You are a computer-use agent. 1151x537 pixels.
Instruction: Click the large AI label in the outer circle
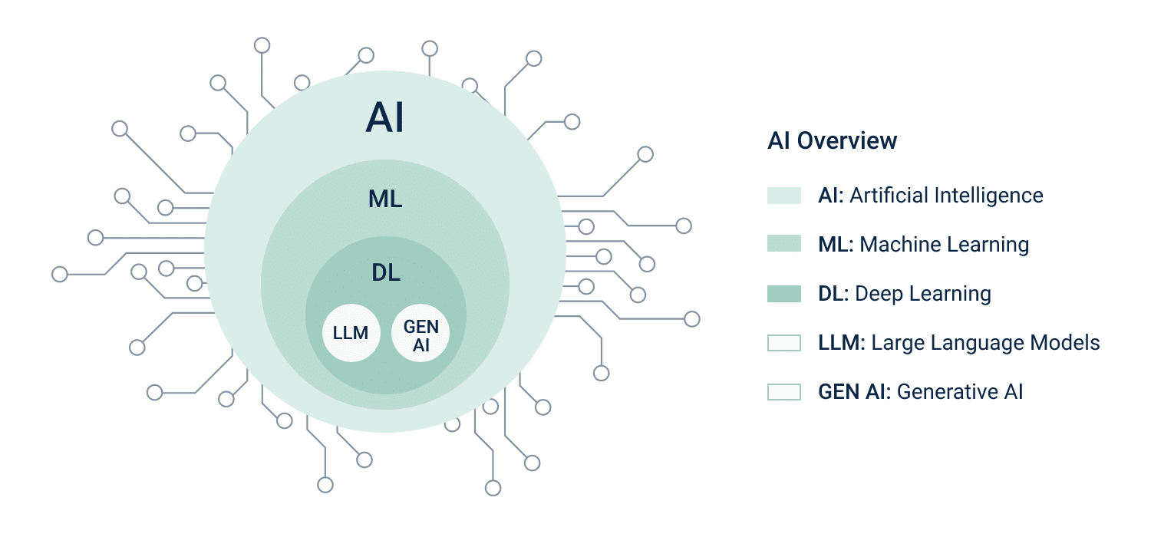[x=385, y=117]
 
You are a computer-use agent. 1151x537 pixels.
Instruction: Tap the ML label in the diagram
[x=385, y=199]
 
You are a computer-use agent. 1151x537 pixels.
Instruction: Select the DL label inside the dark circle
[x=386, y=273]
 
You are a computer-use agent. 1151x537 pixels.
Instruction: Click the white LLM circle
[x=351, y=333]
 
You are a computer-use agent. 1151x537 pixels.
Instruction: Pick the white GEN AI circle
[x=420, y=333]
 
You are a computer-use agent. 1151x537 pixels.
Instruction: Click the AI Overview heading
[x=832, y=141]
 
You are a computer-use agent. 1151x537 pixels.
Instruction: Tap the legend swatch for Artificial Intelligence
[x=784, y=196]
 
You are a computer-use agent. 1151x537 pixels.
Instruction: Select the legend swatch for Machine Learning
[x=784, y=243]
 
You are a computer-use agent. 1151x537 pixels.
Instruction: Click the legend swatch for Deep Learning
[x=784, y=294]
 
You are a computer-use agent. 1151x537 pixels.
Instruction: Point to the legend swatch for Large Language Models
[x=784, y=343]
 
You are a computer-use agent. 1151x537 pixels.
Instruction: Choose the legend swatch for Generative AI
[x=784, y=392]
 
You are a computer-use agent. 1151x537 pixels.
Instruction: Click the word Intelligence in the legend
[x=988, y=196]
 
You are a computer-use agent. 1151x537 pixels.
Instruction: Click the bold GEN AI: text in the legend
[x=855, y=392]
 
